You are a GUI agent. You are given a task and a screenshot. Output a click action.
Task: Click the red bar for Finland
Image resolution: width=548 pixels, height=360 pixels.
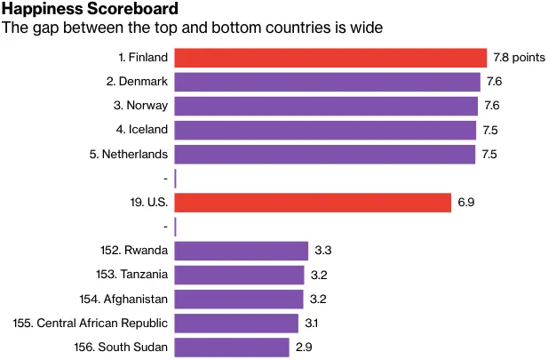pos(330,58)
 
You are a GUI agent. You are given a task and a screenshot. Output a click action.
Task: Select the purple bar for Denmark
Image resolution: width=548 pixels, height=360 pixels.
pos(327,82)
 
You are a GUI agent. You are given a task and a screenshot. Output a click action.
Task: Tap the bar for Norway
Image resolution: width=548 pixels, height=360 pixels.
pos(326,106)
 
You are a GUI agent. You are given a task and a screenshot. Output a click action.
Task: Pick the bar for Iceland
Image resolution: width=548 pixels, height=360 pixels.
pos(325,130)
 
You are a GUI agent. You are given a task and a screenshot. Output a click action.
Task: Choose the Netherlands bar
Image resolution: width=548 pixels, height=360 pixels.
pos(324,154)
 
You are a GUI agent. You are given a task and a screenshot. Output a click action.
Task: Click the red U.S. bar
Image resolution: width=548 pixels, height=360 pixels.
pos(313,203)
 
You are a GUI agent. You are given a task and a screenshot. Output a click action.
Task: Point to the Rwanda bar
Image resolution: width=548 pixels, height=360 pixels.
pos(241,251)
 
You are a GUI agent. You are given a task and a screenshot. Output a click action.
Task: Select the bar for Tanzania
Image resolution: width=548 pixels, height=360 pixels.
pos(239,275)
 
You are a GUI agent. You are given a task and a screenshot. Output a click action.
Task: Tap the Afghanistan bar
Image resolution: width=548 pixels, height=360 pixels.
pos(239,299)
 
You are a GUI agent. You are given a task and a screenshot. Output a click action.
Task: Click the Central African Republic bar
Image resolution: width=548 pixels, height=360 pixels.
pos(236,323)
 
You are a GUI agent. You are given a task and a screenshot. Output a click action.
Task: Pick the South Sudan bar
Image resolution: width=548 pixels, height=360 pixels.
pos(232,347)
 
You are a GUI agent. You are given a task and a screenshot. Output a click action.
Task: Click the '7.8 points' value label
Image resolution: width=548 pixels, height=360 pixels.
pos(519,58)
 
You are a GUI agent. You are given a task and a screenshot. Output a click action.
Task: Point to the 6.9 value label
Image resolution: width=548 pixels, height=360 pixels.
pos(466,203)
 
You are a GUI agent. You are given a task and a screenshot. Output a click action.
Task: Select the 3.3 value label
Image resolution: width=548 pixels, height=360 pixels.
pos(322,251)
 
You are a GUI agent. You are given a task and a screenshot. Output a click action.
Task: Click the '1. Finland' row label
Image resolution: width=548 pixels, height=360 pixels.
pos(143,58)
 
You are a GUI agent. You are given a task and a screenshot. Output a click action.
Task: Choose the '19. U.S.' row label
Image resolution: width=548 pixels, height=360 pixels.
pos(149,203)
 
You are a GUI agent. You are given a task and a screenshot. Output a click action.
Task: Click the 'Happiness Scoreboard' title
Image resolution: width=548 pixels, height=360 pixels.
pos(89,10)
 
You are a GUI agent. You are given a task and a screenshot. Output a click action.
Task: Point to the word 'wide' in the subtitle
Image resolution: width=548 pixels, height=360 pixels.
pos(367,28)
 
